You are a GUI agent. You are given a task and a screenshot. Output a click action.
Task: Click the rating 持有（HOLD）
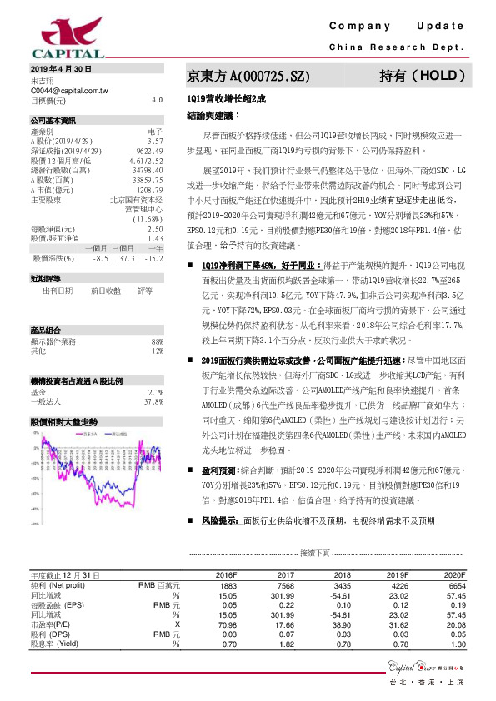pos(423,75)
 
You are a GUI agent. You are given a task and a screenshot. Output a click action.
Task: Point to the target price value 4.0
pos(157,99)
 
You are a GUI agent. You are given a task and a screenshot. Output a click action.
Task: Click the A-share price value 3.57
pos(155,142)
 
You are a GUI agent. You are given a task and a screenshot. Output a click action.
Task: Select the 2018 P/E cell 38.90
pos(340,624)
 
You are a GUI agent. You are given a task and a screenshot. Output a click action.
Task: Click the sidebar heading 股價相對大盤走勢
pos(63,422)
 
